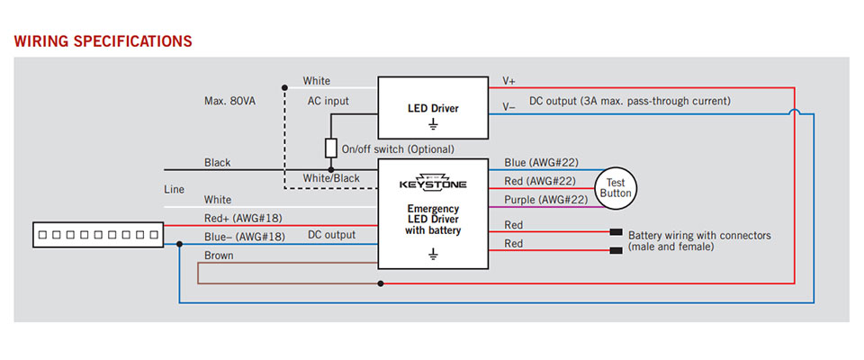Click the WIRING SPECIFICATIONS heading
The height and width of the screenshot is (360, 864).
(x=103, y=41)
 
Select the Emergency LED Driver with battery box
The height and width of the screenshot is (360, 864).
(x=432, y=213)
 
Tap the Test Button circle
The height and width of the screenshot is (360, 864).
(x=616, y=187)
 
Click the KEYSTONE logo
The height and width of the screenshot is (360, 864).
(x=432, y=183)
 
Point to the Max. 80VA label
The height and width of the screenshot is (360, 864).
(x=229, y=102)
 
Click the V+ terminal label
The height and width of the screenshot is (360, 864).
(x=508, y=81)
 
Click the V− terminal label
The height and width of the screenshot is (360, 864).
(x=508, y=106)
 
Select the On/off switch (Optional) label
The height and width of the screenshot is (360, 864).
(x=399, y=148)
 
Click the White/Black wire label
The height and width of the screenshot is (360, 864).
(x=331, y=178)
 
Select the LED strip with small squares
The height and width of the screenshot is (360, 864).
(x=97, y=236)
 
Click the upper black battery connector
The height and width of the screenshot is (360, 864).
(x=616, y=232)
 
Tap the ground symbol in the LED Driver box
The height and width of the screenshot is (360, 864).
(x=432, y=122)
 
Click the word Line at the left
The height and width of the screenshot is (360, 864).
(x=174, y=190)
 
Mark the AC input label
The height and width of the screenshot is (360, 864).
(x=328, y=101)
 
